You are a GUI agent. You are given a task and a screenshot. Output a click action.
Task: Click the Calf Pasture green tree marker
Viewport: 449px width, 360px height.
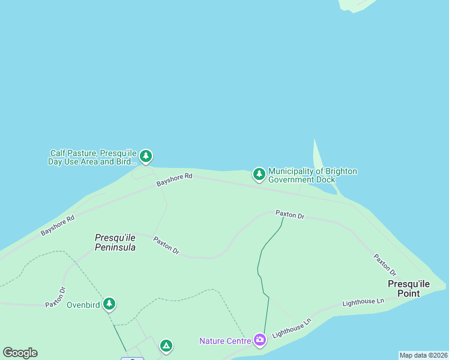click(146, 157)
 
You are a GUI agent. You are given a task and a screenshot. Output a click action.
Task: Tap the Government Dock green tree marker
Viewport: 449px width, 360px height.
click(259, 174)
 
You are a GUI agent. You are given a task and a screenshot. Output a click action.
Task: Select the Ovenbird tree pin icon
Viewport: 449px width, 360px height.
click(109, 304)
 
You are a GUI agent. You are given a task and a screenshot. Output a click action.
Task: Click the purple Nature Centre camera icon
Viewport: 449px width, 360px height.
click(259, 340)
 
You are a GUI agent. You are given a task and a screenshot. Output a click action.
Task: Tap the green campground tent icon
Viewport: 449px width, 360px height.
click(166, 346)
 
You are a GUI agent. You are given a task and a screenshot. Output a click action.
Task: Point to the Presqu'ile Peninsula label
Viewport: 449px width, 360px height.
click(115, 242)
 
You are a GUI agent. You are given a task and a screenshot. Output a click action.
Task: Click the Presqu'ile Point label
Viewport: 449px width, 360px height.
click(408, 289)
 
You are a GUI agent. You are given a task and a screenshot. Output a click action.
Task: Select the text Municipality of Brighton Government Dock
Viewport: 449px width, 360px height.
click(312, 175)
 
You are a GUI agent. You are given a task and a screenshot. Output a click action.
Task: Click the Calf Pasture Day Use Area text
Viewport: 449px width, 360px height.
click(93, 157)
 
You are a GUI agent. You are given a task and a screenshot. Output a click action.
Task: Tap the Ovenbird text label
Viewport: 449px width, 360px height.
click(82, 304)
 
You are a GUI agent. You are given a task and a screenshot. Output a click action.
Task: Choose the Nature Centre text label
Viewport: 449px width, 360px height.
click(225, 341)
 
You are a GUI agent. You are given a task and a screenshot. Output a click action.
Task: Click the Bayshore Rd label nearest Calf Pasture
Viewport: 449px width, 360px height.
click(174, 179)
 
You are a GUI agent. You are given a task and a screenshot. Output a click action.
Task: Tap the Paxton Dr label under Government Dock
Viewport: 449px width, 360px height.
click(290, 214)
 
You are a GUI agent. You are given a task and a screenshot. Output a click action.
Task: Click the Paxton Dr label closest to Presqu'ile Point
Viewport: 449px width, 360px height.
click(385, 264)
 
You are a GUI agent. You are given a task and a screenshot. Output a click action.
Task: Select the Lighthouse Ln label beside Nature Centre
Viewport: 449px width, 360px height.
click(292, 327)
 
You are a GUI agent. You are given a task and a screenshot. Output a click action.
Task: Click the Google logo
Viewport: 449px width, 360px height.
click(20, 353)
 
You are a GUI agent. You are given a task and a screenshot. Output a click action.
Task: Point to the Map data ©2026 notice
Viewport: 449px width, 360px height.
click(423, 355)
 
